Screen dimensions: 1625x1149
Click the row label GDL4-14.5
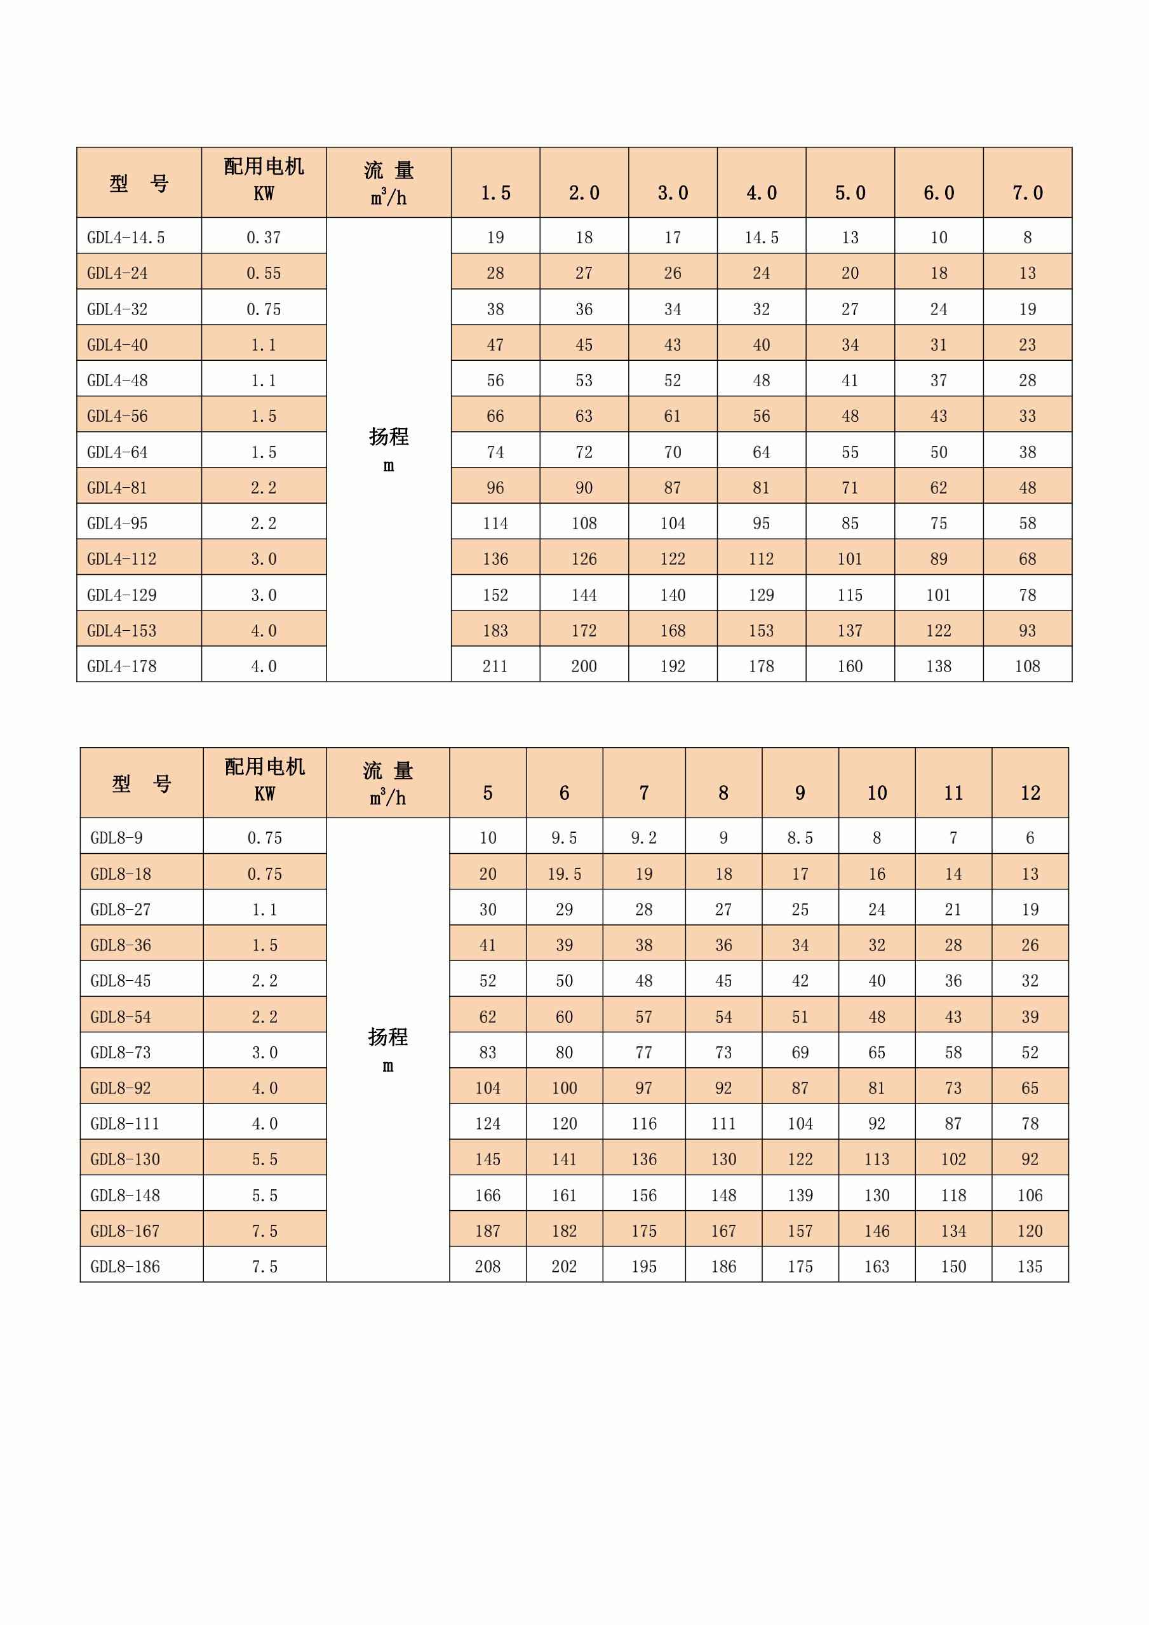pos(126,238)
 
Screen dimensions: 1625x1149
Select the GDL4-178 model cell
pos(122,666)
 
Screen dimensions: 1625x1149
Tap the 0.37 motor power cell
pos(264,238)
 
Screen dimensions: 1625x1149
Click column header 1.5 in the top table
pos(495,193)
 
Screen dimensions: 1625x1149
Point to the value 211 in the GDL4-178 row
pos(495,666)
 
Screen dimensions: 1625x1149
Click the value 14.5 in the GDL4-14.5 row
pos(762,238)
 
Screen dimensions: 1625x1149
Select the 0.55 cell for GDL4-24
pos(264,273)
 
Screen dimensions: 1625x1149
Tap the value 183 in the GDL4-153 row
pos(495,631)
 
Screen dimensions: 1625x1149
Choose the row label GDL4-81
pos(118,488)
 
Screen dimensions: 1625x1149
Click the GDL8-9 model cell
pos(117,838)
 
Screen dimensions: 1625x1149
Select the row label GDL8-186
pos(125,1267)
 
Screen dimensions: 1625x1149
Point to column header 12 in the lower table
pos(1030,793)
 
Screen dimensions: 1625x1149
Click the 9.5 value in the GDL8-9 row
pos(564,838)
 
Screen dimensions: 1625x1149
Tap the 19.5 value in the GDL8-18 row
pos(564,874)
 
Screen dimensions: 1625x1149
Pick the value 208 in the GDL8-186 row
pos(487,1267)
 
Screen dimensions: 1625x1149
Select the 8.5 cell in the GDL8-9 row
pos(800,838)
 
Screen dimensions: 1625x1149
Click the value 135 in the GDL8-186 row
pos(1030,1267)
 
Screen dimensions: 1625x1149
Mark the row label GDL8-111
pos(125,1124)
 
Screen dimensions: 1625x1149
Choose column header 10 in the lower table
pos(877,793)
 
